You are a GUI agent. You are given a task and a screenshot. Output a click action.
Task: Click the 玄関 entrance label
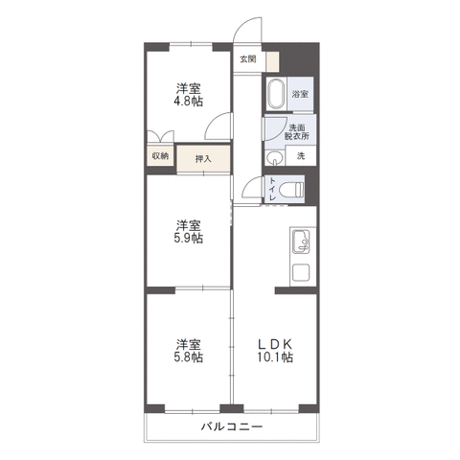[248, 59]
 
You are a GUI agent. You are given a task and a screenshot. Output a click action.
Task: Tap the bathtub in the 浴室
[276, 94]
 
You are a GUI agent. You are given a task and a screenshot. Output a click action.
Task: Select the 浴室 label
[300, 94]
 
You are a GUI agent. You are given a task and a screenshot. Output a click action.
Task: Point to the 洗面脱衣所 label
[297, 131]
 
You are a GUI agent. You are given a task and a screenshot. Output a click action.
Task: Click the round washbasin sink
[275, 157]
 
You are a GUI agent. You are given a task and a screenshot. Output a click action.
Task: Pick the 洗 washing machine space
[301, 156]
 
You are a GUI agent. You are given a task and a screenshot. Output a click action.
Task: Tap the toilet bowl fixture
[291, 191]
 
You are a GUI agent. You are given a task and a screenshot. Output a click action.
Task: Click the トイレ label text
[272, 189]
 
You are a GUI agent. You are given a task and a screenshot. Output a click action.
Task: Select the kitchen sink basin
[301, 241]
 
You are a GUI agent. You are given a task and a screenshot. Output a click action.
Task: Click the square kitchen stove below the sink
[301, 272]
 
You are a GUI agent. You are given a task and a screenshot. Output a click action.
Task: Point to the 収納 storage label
[160, 156]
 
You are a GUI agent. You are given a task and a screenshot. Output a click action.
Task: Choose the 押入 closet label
[203, 159]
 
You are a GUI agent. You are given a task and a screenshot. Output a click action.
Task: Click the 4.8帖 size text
[188, 102]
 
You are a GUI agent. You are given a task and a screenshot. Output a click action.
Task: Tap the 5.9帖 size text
[188, 238]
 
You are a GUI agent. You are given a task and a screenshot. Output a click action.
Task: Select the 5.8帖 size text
[188, 356]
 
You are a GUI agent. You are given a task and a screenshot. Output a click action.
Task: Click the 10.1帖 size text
[275, 357]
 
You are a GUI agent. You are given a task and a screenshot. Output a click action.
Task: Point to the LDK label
[275, 344]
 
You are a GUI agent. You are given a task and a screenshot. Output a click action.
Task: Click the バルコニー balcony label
[232, 426]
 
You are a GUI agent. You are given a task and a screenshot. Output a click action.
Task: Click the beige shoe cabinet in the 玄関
[273, 61]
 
